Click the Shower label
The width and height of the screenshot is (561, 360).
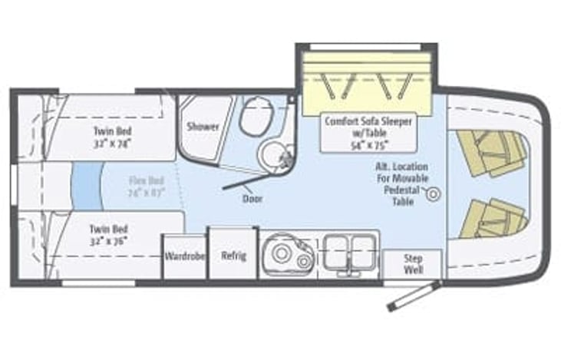[203, 127]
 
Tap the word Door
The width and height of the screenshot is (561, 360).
[252, 198]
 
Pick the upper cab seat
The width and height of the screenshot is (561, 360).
[491, 151]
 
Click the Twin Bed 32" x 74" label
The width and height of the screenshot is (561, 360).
[111, 137]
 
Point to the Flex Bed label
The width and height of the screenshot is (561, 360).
[146, 187]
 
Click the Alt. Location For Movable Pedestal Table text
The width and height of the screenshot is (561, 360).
[401, 184]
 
